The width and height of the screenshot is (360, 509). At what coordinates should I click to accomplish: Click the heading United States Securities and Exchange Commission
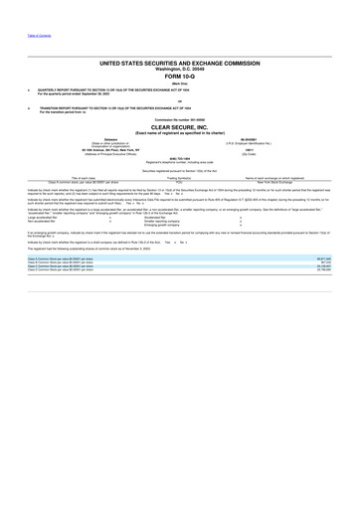click(x=180, y=62)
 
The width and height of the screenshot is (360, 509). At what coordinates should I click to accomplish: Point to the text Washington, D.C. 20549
click(x=180, y=68)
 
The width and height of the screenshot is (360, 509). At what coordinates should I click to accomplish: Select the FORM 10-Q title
click(x=180, y=76)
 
